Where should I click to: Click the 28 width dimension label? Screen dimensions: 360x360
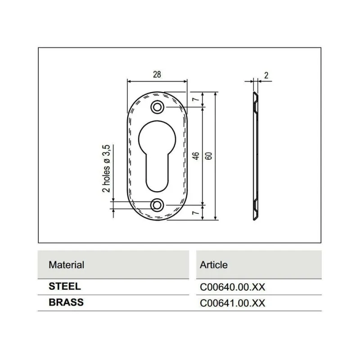click(157, 75)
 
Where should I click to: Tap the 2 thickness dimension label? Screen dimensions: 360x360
click(266, 75)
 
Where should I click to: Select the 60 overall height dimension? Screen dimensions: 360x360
click(209, 156)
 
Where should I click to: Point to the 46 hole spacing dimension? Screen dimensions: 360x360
click(196, 156)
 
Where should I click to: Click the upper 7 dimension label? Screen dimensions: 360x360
click(196, 99)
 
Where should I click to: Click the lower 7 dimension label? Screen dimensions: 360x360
click(196, 213)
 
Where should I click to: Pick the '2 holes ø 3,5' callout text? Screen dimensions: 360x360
click(106, 168)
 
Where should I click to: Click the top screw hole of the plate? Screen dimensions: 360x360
click(157, 107)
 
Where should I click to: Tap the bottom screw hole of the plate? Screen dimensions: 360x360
click(157, 205)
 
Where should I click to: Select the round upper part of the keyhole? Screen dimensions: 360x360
click(157, 139)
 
